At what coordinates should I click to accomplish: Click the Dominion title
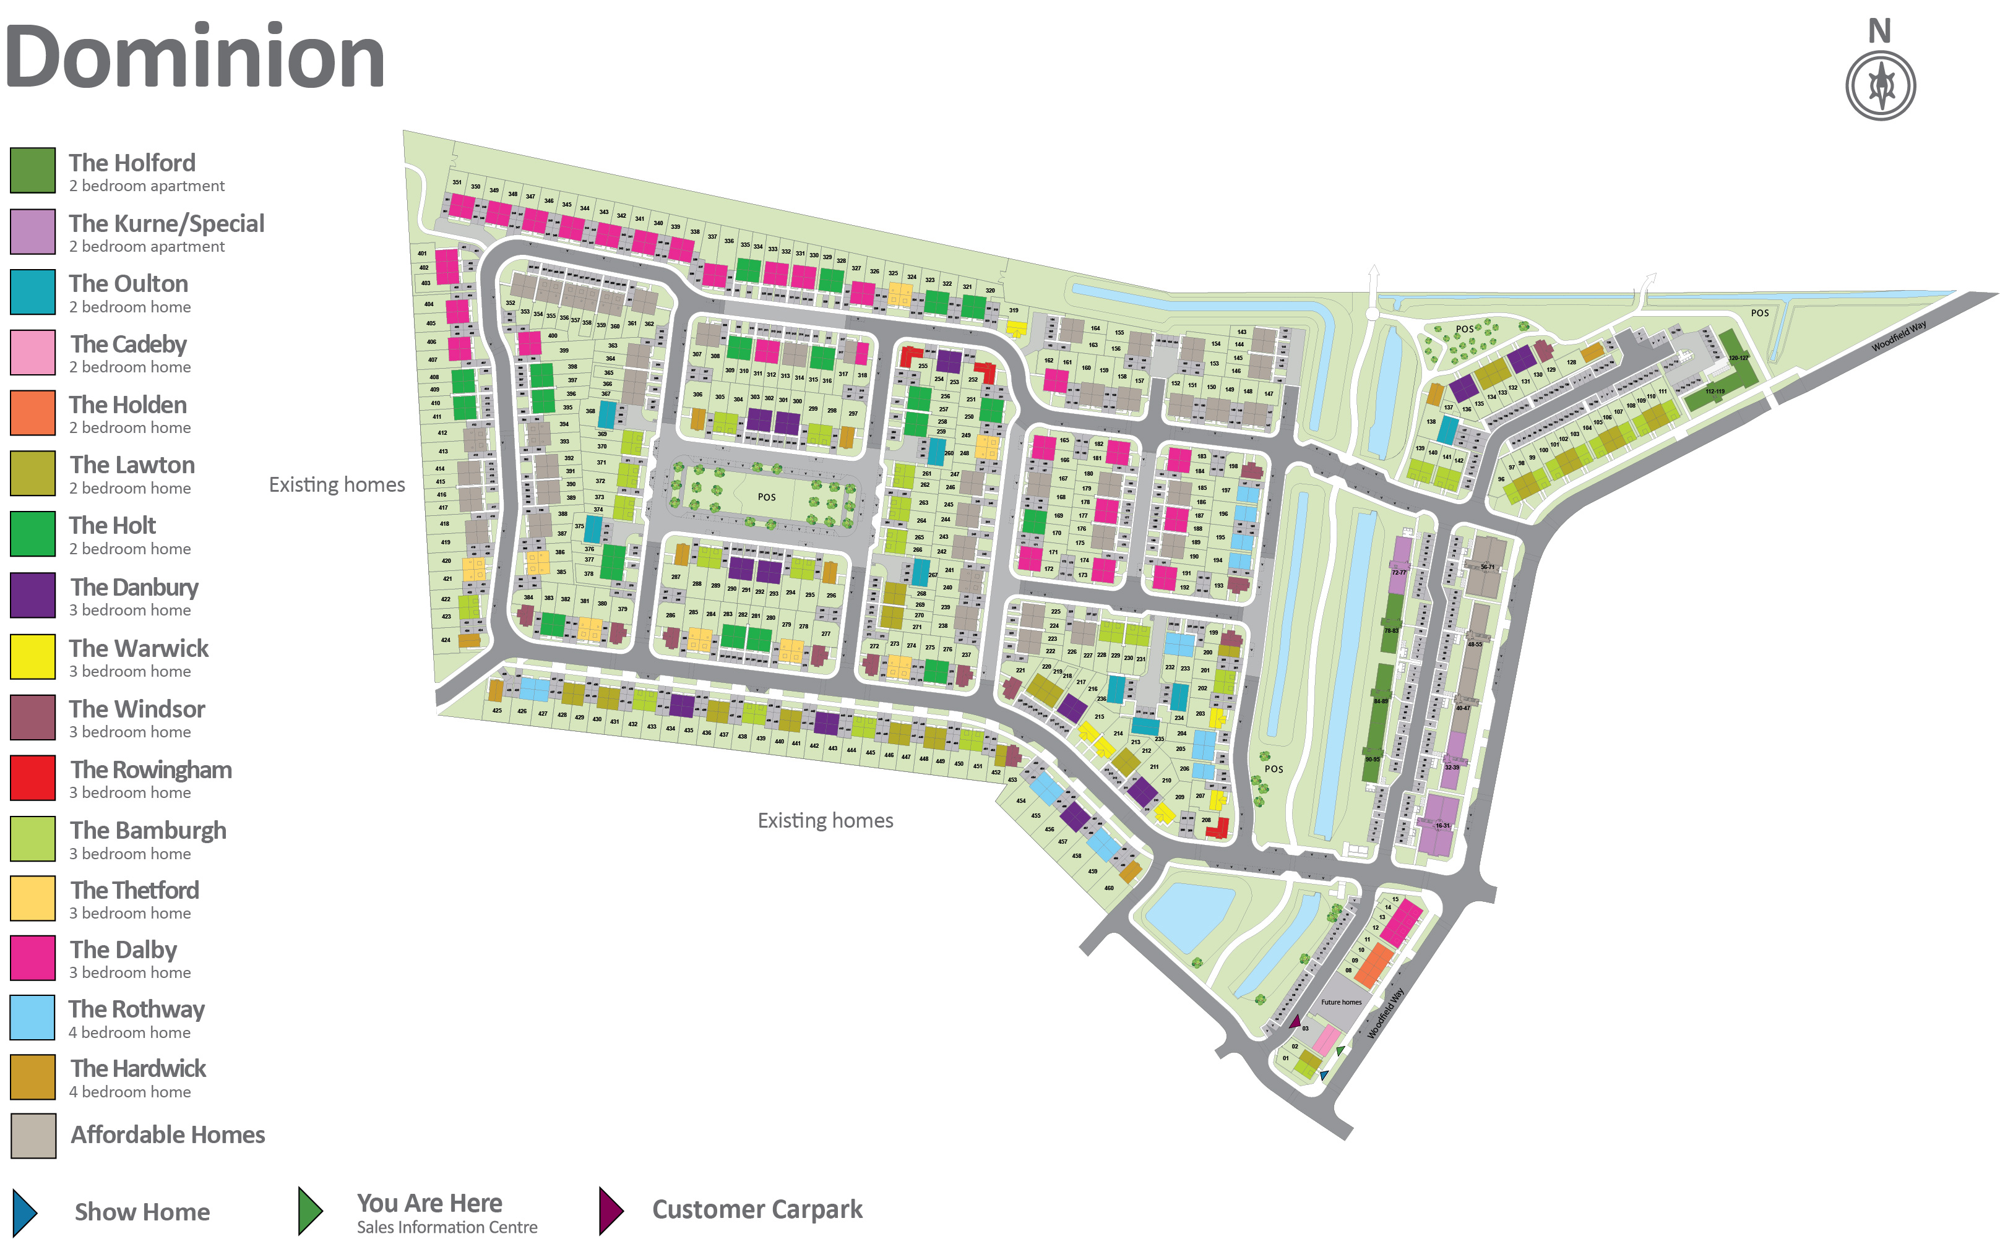point(194,58)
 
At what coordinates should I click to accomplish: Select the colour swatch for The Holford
point(33,171)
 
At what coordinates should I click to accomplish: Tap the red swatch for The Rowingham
point(33,778)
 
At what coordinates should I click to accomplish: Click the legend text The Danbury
point(134,588)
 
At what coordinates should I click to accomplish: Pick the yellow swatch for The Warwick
point(33,656)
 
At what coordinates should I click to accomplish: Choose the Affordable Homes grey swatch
point(33,1136)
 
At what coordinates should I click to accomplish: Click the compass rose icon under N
point(1881,85)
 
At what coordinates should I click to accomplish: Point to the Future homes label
point(1341,1002)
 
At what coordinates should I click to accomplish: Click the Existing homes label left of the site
point(337,485)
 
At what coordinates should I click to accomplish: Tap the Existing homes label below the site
point(825,821)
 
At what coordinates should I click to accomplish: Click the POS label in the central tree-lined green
point(766,497)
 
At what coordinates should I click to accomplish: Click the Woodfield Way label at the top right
point(1899,336)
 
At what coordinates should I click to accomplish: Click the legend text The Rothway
point(137,1009)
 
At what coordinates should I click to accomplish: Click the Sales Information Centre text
point(447,1227)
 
